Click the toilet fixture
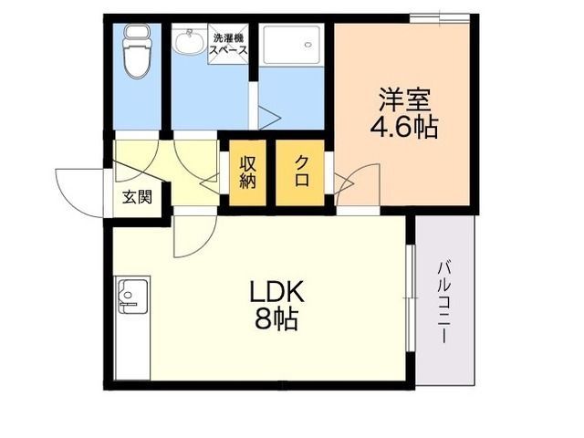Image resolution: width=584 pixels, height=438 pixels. click(137, 51)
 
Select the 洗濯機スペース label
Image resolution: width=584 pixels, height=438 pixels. click(228, 45)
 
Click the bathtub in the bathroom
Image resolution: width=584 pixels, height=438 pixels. click(292, 45)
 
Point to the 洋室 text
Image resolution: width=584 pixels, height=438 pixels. click(404, 99)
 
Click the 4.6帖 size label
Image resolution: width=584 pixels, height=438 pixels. click(403, 127)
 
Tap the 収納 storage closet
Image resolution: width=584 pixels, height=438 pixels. click(247, 172)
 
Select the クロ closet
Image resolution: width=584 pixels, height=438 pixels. click(300, 172)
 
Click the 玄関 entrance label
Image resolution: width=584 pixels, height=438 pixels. click(138, 197)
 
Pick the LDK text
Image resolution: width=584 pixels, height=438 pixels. click(277, 292)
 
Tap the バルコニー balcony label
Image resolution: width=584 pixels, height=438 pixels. click(444, 302)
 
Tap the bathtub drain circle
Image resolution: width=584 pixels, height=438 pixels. click(308, 45)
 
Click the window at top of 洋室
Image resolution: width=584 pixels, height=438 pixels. click(440, 18)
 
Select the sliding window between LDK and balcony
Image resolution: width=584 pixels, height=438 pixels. click(410, 298)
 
